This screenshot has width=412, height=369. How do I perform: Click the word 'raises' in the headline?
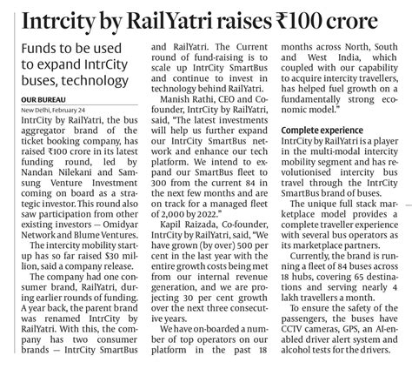(x=245, y=19)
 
